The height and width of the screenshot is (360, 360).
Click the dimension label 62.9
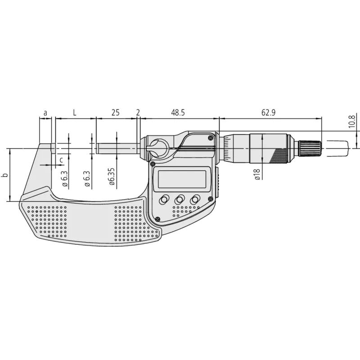(x=268, y=112)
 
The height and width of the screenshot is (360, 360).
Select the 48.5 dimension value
(x=178, y=112)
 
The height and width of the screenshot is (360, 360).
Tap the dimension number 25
(x=116, y=112)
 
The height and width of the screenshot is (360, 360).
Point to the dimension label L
(x=74, y=112)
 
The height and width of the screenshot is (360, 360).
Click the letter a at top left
(x=45, y=113)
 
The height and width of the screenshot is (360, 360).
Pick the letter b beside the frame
(x=5, y=175)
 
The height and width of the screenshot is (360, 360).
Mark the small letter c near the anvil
(x=61, y=160)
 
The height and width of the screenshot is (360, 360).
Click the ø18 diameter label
(x=257, y=174)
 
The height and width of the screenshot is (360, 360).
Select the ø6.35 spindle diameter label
(x=112, y=176)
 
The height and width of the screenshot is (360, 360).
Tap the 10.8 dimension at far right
(x=352, y=121)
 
